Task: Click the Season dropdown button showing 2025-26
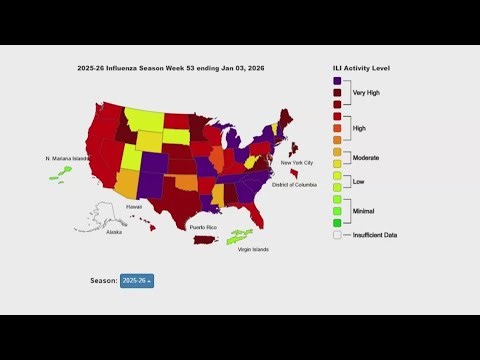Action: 137,281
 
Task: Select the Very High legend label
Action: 366,92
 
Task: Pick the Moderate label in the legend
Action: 366,157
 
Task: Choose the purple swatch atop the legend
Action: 337,80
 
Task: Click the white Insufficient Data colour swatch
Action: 337,234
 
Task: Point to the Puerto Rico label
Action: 206,227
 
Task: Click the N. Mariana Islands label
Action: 67,158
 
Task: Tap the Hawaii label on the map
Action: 133,207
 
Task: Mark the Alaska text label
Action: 114,232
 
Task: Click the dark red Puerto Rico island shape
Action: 205,240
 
